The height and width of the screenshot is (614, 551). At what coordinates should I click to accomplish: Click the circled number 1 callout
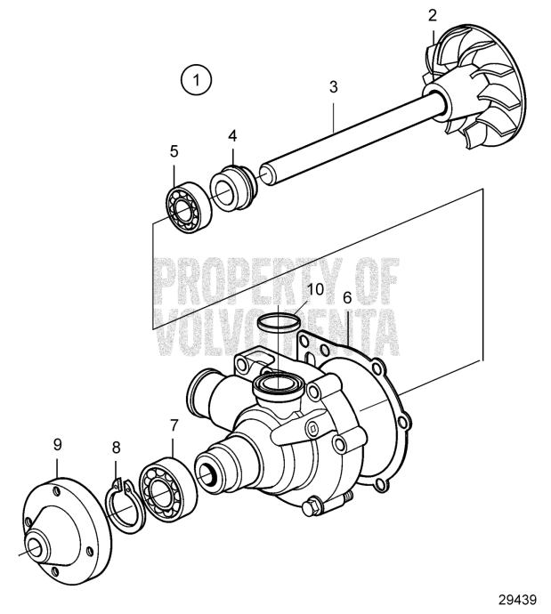(196, 80)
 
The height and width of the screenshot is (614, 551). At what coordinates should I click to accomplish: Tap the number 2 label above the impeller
(432, 16)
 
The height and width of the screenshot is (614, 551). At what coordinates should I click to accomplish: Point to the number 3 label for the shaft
(333, 87)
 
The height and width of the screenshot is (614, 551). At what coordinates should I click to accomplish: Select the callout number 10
(316, 289)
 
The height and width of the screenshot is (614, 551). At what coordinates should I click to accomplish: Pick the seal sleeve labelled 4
(232, 189)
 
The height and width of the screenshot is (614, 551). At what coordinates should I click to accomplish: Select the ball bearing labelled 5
(189, 208)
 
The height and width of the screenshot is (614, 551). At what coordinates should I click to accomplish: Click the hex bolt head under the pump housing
(312, 507)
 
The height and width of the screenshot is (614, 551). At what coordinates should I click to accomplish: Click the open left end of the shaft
(267, 174)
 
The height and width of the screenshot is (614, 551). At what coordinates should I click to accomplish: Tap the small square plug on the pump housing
(312, 429)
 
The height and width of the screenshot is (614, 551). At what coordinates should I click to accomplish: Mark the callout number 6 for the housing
(347, 297)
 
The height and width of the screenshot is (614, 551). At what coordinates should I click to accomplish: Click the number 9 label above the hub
(57, 444)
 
